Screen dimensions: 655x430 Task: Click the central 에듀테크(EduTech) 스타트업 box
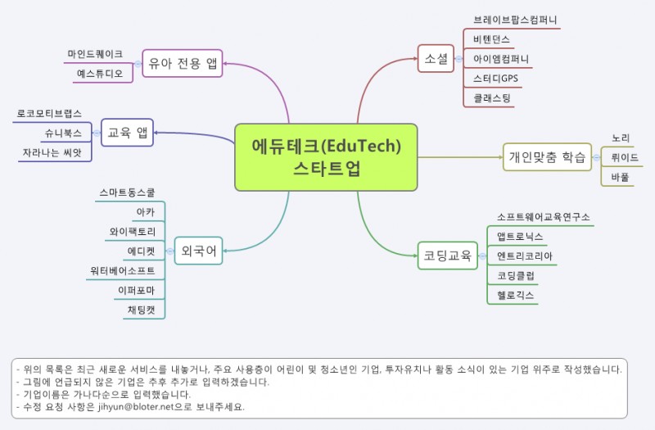coord(326,157)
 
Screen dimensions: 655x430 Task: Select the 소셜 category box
coord(436,58)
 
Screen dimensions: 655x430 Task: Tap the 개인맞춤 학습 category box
coord(547,157)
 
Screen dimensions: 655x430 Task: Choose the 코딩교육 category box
coord(447,256)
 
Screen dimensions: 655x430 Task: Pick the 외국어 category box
coord(198,251)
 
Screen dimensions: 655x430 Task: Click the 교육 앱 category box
coord(128,133)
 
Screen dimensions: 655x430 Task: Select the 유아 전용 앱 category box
coord(183,63)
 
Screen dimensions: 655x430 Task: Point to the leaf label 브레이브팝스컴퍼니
coord(515,20)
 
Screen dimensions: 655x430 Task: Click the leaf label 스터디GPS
coord(495,78)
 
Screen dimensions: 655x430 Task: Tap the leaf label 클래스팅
coord(492,98)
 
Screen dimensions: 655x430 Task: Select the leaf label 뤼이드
coord(625,157)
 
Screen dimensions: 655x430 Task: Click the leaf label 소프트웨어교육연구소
coord(543,217)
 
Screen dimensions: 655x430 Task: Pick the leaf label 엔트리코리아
coord(524,256)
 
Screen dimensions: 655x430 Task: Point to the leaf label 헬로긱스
coord(515,295)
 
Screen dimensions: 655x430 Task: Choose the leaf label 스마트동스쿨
coord(127,192)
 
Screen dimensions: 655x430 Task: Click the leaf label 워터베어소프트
coord(122,270)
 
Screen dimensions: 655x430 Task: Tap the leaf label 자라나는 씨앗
coord(52,152)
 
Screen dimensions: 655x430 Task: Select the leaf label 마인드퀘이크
coord(95,54)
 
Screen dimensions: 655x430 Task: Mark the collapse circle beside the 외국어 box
coord(169,251)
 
